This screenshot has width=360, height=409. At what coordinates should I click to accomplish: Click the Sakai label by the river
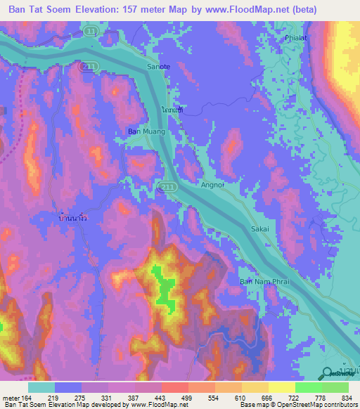point(260,229)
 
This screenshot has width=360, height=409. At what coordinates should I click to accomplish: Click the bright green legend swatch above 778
point(309,387)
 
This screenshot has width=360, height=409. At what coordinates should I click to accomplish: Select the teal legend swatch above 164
point(41,387)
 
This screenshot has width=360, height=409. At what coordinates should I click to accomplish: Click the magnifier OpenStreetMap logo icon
point(328,374)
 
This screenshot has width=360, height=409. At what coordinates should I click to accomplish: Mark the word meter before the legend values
point(13,398)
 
